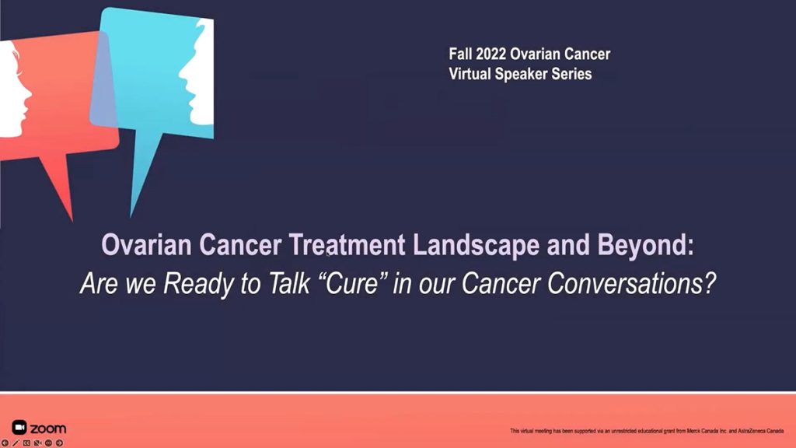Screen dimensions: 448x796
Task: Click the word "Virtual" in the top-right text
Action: click(x=472, y=74)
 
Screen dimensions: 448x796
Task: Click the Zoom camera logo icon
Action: click(x=19, y=428)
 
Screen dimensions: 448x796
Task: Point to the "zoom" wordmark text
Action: click(x=47, y=429)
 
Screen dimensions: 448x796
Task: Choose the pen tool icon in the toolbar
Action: click(x=16, y=443)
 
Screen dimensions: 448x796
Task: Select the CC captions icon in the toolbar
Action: click(x=26, y=443)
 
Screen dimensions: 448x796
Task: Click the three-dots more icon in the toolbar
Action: click(x=48, y=443)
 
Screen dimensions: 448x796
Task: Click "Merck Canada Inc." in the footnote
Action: click(x=696, y=431)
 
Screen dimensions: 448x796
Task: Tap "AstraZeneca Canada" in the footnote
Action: click(x=759, y=431)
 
